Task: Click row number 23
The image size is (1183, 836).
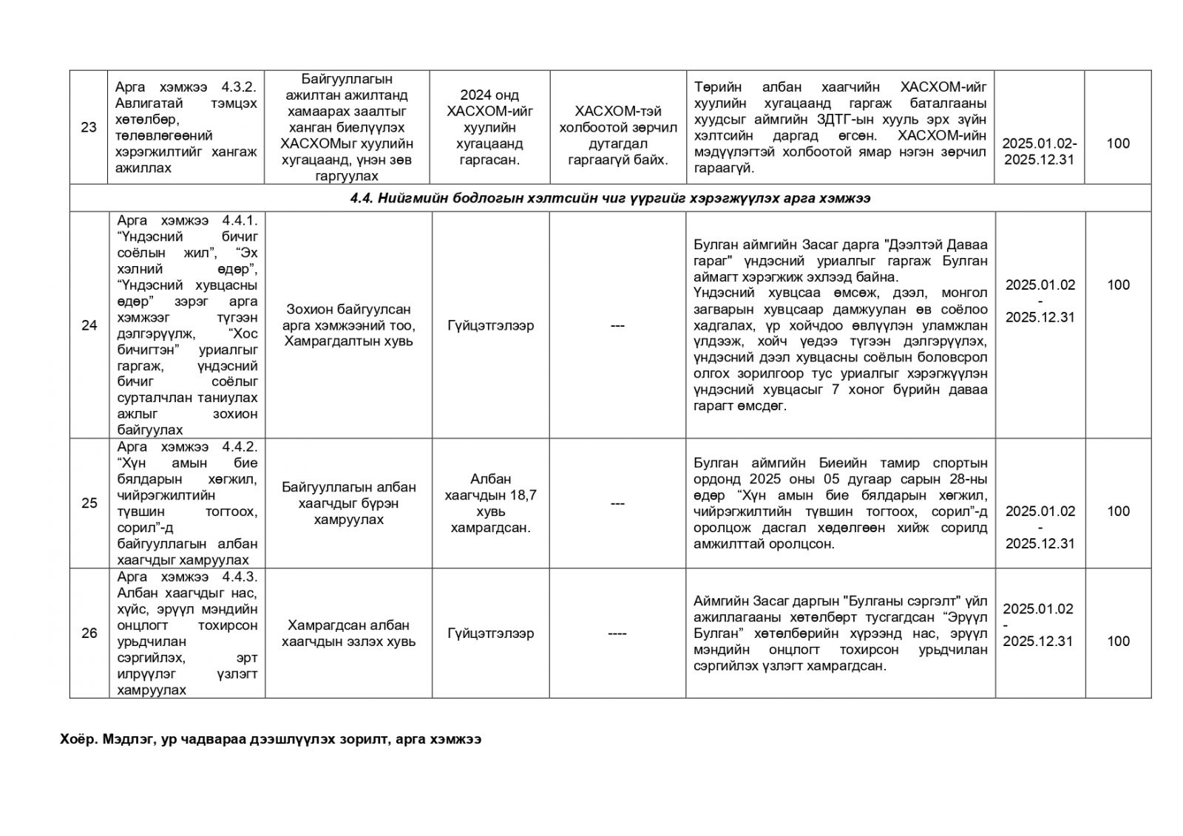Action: (89, 127)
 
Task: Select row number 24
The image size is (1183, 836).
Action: (89, 325)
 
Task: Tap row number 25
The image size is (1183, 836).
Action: (89, 503)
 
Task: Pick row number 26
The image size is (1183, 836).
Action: (89, 633)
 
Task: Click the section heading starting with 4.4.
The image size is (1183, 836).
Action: (610, 198)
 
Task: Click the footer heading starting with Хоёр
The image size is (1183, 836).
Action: (271, 739)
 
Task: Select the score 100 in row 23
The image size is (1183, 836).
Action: (1117, 143)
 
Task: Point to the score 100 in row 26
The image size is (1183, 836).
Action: (1117, 641)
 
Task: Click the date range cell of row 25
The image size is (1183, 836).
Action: (1040, 527)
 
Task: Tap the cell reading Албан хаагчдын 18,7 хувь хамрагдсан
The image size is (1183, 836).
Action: (490, 503)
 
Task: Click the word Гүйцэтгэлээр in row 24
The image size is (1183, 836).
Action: (490, 325)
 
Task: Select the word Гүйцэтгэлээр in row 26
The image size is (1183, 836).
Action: (490, 633)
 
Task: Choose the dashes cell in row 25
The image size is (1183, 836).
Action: (617, 503)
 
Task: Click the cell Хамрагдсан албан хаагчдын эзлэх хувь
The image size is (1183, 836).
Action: (348, 633)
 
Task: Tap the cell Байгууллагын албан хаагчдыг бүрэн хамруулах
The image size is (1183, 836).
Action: (348, 503)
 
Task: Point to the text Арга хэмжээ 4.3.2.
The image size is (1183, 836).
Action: (186, 87)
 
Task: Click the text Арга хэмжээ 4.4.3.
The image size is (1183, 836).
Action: (186, 577)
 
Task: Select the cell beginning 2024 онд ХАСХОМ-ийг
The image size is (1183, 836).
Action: (490, 127)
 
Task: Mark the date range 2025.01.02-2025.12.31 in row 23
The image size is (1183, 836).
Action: (1040, 151)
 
